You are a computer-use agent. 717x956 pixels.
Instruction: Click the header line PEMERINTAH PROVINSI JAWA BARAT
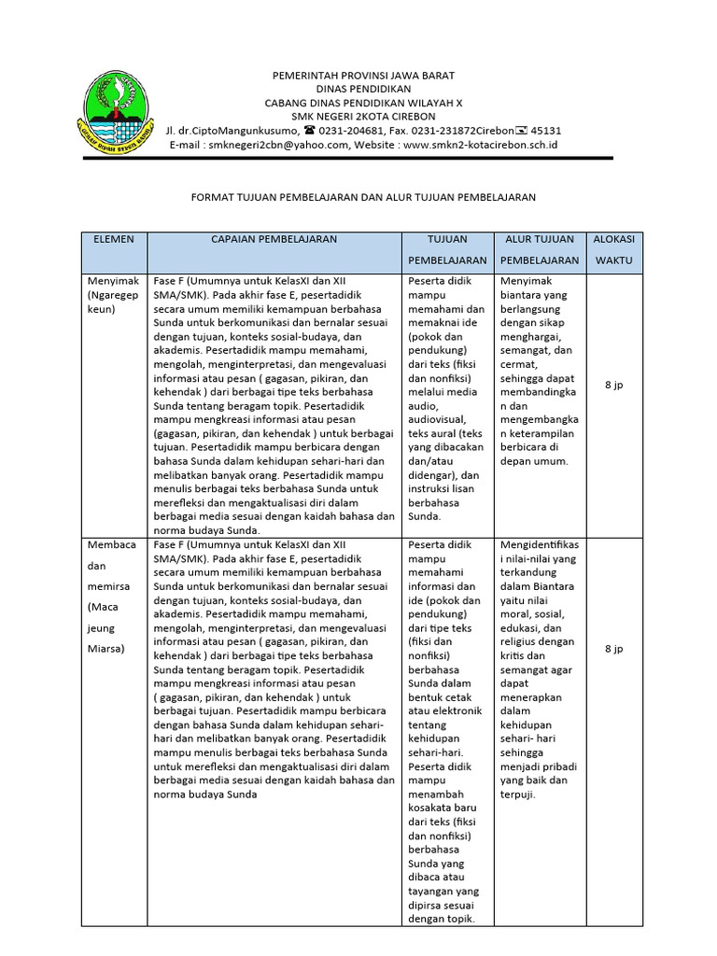[x=363, y=75]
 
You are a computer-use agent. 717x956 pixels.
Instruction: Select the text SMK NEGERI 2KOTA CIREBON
[x=363, y=116]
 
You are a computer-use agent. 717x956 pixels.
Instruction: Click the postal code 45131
[x=546, y=131]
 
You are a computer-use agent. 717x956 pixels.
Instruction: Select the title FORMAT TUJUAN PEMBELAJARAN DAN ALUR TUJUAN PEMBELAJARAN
[x=363, y=198]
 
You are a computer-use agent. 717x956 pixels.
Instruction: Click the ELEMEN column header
[x=114, y=240]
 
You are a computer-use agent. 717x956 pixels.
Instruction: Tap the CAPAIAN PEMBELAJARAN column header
[x=274, y=240]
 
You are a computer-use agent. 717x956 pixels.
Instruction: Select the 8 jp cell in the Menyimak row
[x=614, y=385]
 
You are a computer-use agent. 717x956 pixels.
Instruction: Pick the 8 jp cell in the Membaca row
[x=614, y=648]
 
